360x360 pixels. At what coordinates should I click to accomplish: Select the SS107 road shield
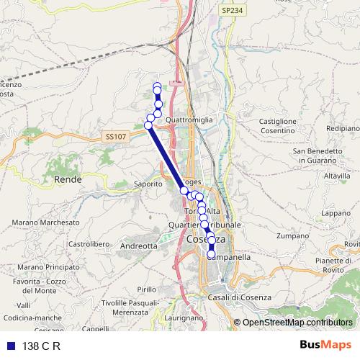[x=114, y=136]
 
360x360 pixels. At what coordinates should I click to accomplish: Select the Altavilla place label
[x=336, y=176]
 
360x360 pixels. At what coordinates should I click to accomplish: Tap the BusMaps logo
[x=325, y=345]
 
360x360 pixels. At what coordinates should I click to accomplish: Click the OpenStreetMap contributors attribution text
[x=297, y=323]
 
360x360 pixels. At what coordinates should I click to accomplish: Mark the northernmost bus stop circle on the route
[x=157, y=87]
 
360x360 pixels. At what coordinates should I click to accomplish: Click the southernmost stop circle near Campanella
[x=211, y=254]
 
